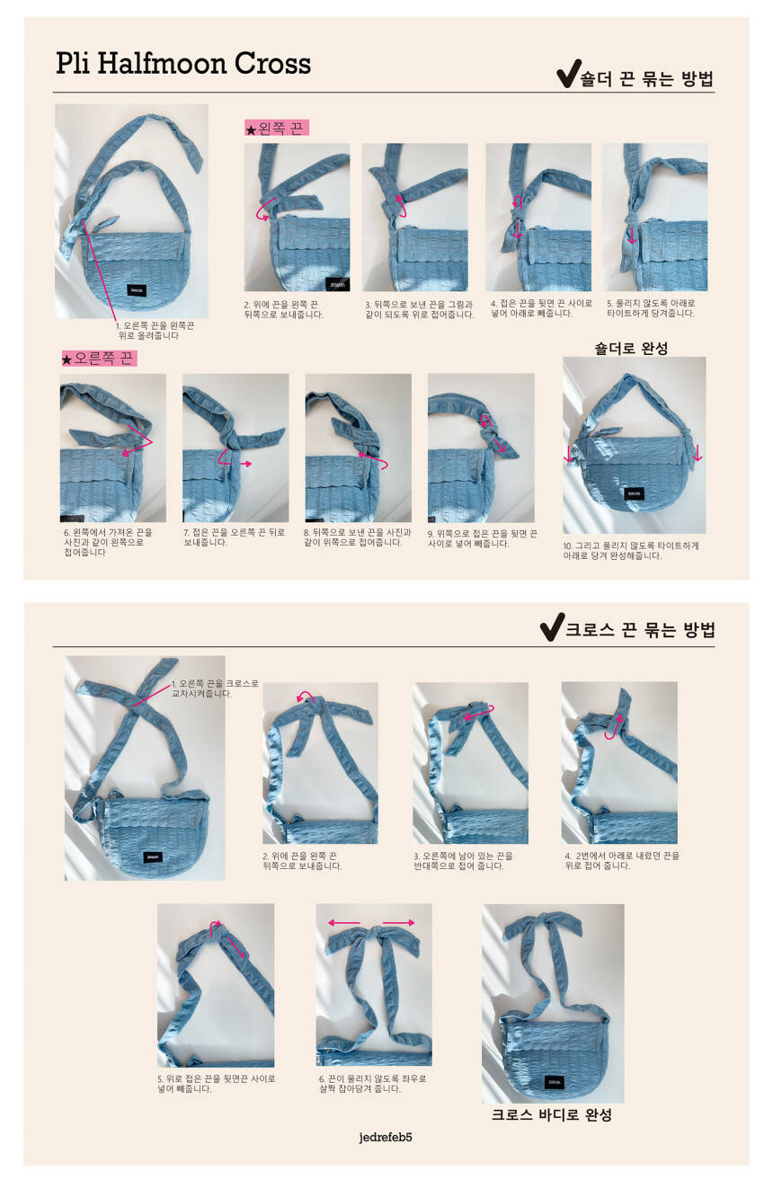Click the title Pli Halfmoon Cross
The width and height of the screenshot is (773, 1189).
(x=183, y=64)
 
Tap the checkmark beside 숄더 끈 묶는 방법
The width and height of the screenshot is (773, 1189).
(x=568, y=74)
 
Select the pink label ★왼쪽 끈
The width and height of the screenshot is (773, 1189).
(x=276, y=128)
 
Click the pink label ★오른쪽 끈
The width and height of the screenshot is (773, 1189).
(x=99, y=359)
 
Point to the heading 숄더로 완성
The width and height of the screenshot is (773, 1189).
(x=631, y=348)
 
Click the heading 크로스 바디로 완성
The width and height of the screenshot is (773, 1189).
(x=552, y=1114)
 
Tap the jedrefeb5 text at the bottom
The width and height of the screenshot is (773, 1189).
(x=386, y=1137)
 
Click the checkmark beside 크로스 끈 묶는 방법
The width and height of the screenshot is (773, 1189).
(x=552, y=627)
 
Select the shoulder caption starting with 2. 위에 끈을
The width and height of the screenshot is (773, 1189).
(x=283, y=309)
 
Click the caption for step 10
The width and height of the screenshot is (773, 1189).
(x=631, y=550)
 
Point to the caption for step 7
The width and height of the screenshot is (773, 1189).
(x=234, y=537)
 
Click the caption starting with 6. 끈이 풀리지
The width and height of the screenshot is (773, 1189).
(x=373, y=1083)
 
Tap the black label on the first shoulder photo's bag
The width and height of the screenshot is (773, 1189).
(x=137, y=290)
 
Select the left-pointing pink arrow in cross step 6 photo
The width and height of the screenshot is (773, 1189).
(x=344, y=923)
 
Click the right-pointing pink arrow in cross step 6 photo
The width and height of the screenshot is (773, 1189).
(x=398, y=923)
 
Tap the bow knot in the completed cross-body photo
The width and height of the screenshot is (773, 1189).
(x=542, y=928)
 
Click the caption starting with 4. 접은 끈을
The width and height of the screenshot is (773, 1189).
(x=541, y=308)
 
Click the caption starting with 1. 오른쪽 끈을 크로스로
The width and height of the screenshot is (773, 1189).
(x=215, y=688)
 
